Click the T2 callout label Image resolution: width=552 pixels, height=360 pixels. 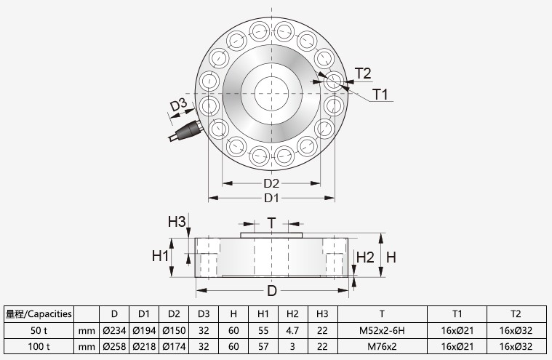click(363, 73)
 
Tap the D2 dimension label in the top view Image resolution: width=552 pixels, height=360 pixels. click(271, 183)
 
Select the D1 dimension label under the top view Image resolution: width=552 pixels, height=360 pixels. click(271, 198)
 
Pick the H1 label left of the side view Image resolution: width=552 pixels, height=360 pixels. click(161, 256)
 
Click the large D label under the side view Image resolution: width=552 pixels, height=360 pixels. click(271, 291)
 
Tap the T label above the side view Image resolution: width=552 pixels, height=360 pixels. click(271, 223)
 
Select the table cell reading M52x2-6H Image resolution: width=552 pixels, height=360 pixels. click(382, 330)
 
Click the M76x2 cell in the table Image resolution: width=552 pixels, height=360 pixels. click(382, 347)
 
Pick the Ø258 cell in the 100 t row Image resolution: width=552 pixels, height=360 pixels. click(114, 347)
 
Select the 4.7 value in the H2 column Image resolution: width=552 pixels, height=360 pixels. click(292, 330)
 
